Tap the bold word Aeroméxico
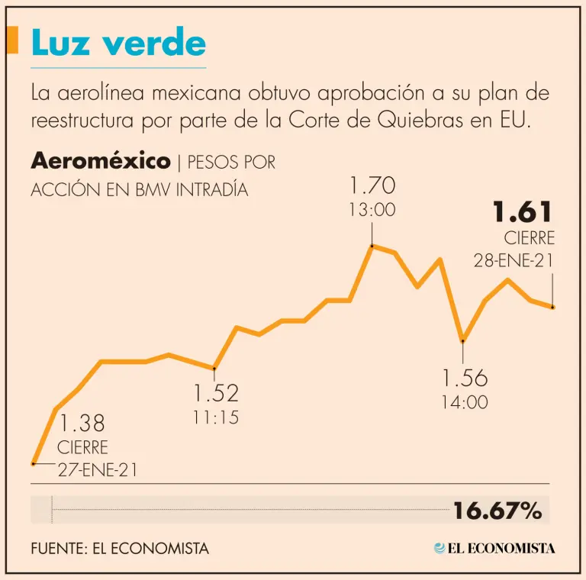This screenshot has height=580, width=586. click(x=100, y=162)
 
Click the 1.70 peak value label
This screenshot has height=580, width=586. click(x=372, y=185)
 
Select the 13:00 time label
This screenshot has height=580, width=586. click(x=372, y=210)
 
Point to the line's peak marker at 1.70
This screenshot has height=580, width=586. click(x=372, y=246)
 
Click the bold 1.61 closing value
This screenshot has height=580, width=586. click(x=523, y=212)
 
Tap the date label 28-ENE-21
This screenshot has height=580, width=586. click(x=514, y=260)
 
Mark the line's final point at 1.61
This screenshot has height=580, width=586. click(x=552, y=307)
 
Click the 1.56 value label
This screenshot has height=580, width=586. click(x=464, y=378)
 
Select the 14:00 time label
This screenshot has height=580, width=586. click(x=464, y=402)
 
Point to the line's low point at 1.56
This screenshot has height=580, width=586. click(x=462, y=340)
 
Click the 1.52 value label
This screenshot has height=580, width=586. click(x=216, y=393)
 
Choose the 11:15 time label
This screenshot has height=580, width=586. click(x=216, y=417)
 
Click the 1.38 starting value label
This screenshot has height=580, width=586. click(x=82, y=423)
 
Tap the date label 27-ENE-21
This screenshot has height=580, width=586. click(x=98, y=470)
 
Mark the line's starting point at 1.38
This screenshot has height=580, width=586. click(x=33, y=463)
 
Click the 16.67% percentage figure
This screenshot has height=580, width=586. click(x=497, y=511)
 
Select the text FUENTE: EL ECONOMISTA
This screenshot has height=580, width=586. click(x=120, y=549)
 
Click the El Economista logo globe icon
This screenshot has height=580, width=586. click(x=439, y=548)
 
